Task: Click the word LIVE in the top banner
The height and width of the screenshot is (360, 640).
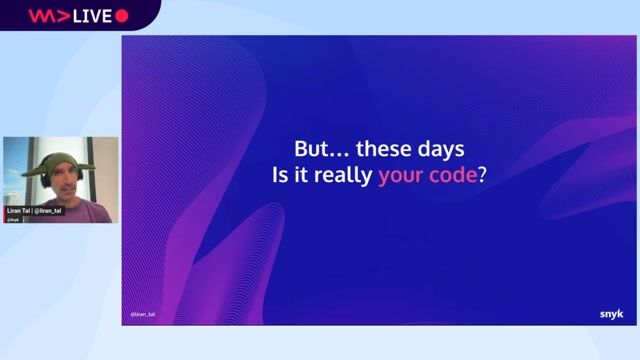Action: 91,15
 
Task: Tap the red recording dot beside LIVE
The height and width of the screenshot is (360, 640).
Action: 123,15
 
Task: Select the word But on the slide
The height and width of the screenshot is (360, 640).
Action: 314,148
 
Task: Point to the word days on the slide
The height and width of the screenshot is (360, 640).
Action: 441,148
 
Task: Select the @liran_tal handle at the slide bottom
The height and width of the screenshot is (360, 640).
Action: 142,314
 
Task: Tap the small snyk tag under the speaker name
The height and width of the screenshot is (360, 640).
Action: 13,219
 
